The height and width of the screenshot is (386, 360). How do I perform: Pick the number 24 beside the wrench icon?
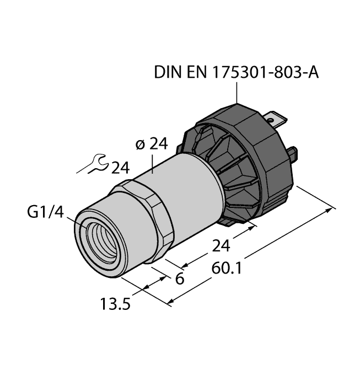pos(122,167)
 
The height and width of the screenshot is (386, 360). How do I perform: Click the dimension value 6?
pos(179,279)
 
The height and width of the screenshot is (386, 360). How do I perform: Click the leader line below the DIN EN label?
pos(238,91)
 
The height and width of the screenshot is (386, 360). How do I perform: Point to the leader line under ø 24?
pos(153,162)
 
